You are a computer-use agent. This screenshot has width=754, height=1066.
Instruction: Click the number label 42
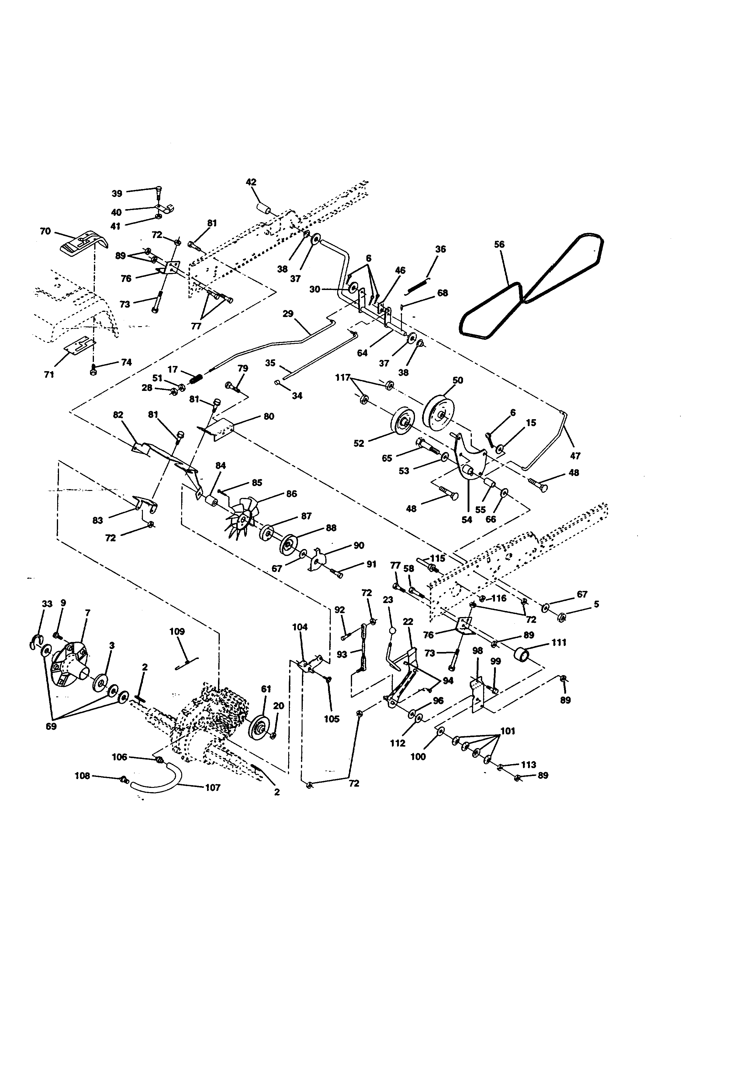pyautogui.click(x=251, y=182)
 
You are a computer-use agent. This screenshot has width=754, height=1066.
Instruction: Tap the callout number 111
pyautogui.click(x=559, y=643)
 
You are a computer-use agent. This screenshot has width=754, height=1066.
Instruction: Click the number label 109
pyautogui.click(x=177, y=631)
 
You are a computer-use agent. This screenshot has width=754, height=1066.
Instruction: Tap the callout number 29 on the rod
pyautogui.click(x=288, y=314)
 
